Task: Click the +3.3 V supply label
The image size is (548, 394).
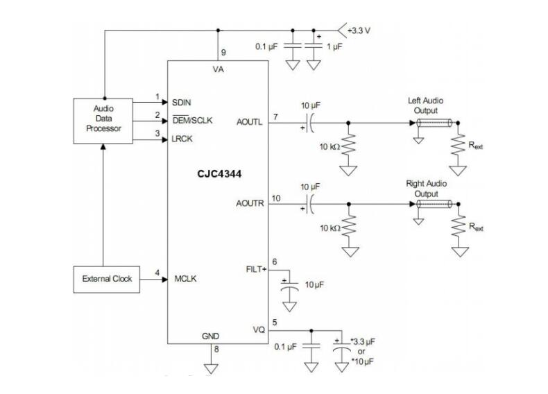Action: pyautogui.click(x=361, y=31)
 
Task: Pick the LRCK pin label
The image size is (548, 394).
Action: pyautogui.click(x=183, y=139)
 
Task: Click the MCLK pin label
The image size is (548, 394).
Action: pyautogui.click(x=185, y=280)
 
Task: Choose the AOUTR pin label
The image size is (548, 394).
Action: pyautogui.click(x=249, y=203)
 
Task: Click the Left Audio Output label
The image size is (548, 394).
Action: pyautogui.click(x=426, y=105)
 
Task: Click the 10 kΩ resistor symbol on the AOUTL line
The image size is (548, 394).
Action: pyautogui.click(x=348, y=145)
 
